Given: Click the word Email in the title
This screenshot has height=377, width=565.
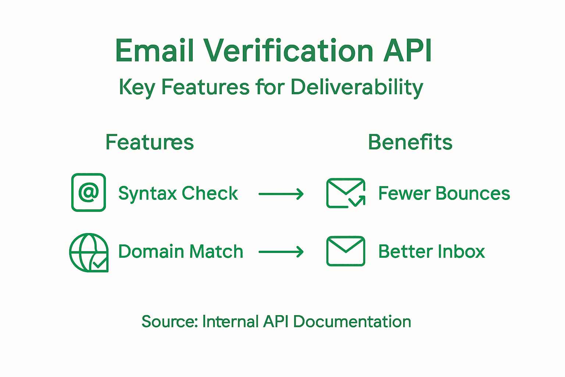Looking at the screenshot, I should point(154,51).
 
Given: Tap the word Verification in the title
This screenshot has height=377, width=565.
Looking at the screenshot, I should point(288,51).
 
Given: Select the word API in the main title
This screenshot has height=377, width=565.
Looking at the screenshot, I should point(408,51).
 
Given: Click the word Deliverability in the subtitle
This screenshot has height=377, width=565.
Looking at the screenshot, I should point(357,88).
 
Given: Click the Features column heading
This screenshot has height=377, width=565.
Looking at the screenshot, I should point(149,142).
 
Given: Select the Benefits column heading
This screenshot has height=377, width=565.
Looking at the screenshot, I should point(410,142).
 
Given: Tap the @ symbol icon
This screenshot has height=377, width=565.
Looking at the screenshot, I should point(89,193).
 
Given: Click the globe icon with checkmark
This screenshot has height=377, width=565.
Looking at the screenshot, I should point(89,253).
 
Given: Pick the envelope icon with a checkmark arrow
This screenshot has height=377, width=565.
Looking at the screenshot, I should point(345,193).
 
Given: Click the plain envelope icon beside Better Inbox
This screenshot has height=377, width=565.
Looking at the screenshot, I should point(345,251).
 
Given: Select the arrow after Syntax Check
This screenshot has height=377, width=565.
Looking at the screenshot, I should point(281,194).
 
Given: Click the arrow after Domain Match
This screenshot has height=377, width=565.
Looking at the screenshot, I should point(281,252).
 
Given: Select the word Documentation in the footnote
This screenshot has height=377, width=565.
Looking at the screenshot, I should point(352,322).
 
